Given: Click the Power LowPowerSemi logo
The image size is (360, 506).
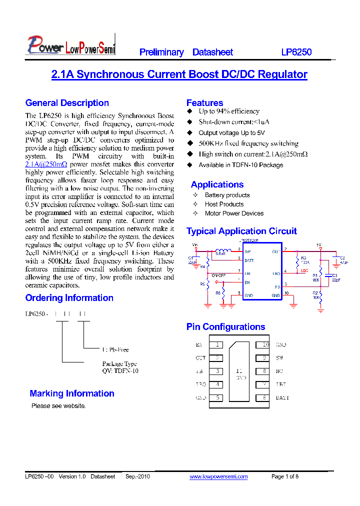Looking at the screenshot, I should tap(70, 44).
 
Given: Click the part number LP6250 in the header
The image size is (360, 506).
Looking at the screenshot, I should tap(296, 52).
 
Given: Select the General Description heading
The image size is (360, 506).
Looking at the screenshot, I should tap(67, 103).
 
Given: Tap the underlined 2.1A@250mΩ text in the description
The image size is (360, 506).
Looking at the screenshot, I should tap(46, 164).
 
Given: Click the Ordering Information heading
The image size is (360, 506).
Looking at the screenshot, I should tap(69, 298).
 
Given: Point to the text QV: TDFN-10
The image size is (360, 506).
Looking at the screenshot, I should tap(120, 371).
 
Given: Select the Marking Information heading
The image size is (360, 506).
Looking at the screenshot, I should tap(72, 393).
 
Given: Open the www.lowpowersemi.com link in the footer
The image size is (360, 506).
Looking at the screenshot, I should tap(218, 476).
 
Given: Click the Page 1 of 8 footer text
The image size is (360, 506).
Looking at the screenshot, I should tap(284, 476).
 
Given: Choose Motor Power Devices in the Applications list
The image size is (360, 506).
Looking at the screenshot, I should tap(234, 213).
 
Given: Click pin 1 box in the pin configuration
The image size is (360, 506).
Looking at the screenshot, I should tap(217, 345).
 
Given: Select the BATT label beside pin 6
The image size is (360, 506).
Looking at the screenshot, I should tap(282, 398).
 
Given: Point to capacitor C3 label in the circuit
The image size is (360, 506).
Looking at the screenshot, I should tap(335, 276).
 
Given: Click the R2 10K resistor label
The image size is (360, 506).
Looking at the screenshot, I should tap(315, 295).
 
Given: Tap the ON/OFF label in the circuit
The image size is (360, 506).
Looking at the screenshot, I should tap(218, 275).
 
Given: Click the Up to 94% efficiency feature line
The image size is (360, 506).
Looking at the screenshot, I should tap(229, 111).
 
